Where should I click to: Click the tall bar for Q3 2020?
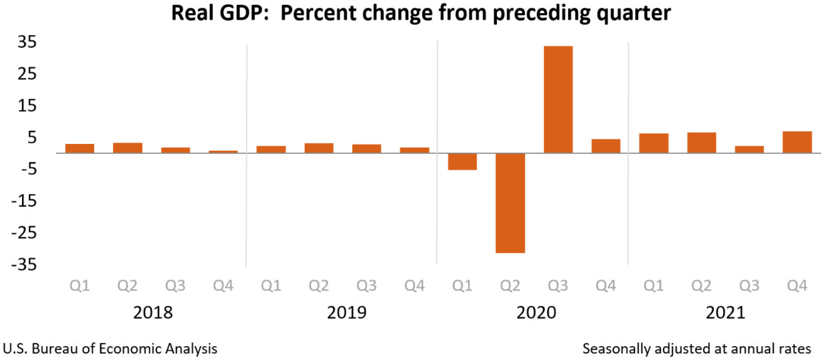coord(558,99)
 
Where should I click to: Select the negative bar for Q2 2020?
coord(510,203)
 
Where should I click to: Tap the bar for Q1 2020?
coord(462,161)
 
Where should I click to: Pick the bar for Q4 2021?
coord(797,142)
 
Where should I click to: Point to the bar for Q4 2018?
coord(223,151)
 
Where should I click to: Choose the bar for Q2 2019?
coord(319,148)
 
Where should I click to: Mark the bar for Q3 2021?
coord(750,150)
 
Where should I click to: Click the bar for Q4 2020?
coord(606,146)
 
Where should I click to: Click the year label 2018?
coord(153,312)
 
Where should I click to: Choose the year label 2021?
coord(725,312)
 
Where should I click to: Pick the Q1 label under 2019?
coord(271,286)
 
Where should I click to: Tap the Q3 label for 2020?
coord(558,286)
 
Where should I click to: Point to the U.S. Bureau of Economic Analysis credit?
coord(111,348)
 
